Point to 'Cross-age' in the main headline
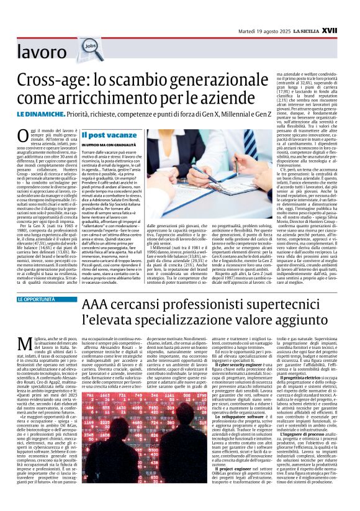point(53,79)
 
